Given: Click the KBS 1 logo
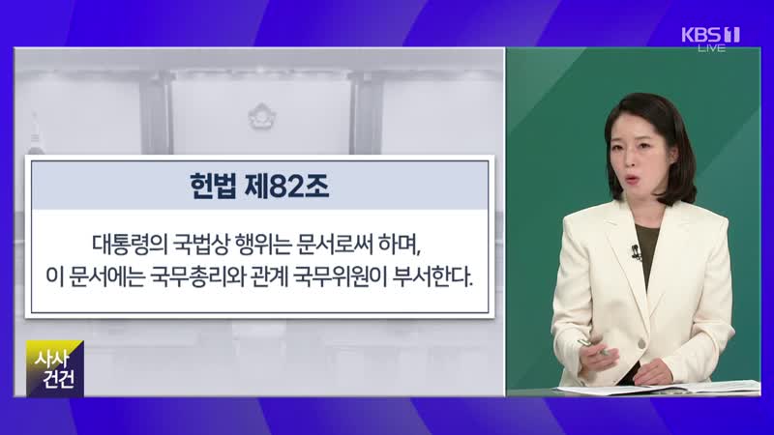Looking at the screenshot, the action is pos(710,35).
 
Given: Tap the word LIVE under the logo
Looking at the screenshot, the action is pos(711,48).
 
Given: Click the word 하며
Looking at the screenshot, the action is pos(400,246).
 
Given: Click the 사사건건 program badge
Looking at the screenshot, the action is pos(55,368).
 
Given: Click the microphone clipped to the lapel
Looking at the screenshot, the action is pos(636,252).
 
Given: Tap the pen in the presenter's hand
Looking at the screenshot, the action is pos(593,346).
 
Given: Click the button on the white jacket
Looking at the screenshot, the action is pos(641,343).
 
